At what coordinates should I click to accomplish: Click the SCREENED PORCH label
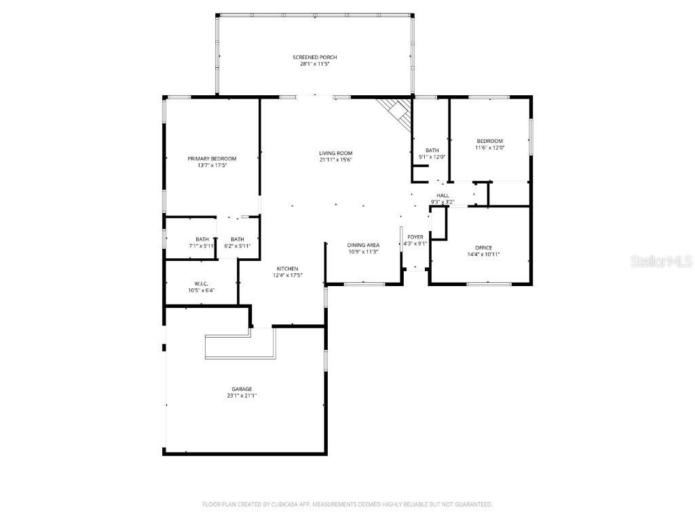(314, 57)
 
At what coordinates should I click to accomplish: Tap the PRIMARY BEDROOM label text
(212, 158)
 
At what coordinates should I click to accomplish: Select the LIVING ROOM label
(336, 153)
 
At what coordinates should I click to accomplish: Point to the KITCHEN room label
(286, 268)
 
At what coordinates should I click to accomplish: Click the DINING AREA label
(363, 245)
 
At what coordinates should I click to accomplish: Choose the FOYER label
(415, 237)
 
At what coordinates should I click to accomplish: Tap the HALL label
(443, 195)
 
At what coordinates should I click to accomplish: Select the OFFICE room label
(484, 247)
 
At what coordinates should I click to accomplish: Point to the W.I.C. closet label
(201, 283)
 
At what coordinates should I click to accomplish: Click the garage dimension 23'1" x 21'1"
(242, 396)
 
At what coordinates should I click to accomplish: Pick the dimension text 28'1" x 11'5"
(314, 64)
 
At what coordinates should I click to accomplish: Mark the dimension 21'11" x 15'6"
(336, 160)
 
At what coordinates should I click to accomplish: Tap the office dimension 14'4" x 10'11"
(484, 254)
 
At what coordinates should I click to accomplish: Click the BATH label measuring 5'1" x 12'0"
(432, 150)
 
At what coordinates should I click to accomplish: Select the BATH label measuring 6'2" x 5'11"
(238, 239)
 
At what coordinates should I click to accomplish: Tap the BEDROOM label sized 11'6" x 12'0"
(489, 141)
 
